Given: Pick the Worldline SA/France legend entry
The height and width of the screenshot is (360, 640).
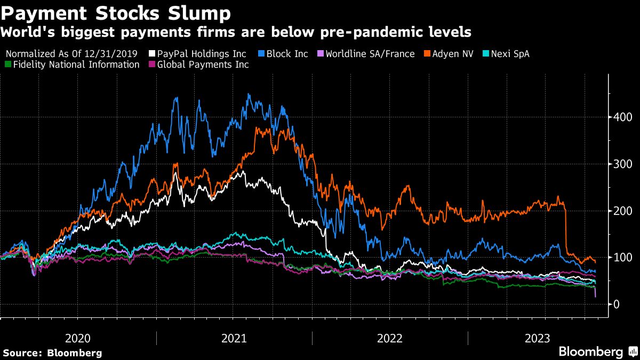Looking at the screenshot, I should [366, 54].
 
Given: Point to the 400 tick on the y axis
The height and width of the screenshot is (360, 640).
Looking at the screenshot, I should [622, 117].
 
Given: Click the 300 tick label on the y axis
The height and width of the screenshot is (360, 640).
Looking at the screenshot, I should [622, 164].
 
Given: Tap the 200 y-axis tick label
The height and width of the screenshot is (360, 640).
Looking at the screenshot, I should [622, 211].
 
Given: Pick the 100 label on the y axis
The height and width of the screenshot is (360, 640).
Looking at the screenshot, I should [622, 258].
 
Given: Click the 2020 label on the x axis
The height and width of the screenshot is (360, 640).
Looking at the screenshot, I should [78, 338].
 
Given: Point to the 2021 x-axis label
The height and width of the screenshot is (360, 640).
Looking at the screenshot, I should [234, 338].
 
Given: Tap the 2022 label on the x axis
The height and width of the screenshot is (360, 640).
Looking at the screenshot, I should [390, 338].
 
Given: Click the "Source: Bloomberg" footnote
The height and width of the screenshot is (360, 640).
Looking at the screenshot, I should [52, 353].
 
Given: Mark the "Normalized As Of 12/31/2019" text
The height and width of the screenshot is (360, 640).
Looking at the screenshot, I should [71, 54].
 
